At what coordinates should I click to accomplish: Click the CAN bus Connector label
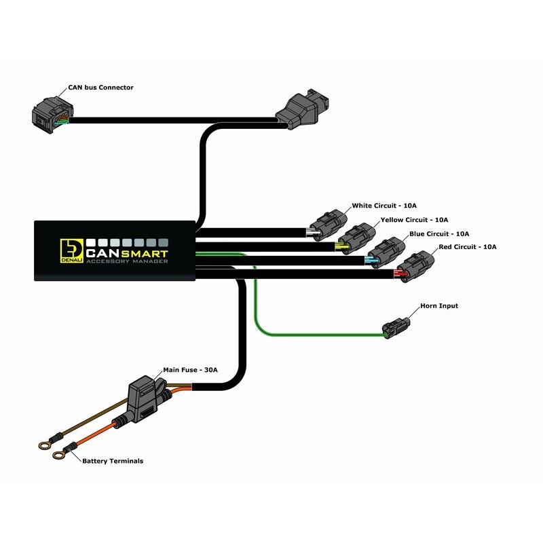click(x=100, y=88)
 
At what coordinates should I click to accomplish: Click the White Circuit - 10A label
click(x=385, y=206)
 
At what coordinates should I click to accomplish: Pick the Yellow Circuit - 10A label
click(x=413, y=220)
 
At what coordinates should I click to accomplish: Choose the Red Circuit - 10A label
click(x=468, y=246)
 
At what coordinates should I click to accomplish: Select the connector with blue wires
click(x=386, y=252)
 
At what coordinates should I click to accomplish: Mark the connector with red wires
click(x=415, y=265)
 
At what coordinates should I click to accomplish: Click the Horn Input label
click(x=439, y=306)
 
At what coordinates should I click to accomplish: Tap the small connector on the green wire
click(x=396, y=326)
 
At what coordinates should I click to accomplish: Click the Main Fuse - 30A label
click(x=193, y=371)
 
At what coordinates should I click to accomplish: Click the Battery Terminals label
click(x=113, y=461)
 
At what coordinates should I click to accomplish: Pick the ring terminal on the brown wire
click(x=43, y=445)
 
